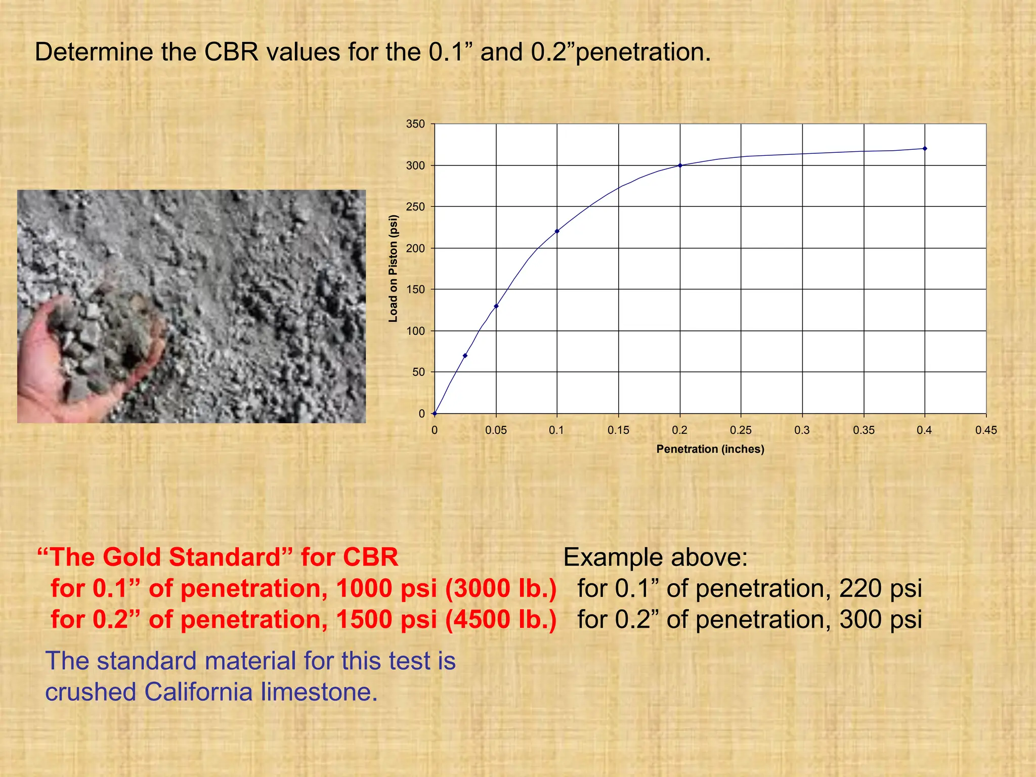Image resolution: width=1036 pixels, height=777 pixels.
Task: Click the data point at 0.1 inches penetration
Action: [557, 231]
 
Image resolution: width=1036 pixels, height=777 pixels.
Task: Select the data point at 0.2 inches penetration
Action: [680, 165]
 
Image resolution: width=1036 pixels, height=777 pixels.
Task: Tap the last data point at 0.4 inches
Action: [925, 149]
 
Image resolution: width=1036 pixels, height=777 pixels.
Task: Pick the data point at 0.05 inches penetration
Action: [496, 306]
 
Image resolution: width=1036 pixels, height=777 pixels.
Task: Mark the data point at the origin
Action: [435, 413]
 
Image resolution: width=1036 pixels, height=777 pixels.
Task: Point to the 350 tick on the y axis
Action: [416, 124]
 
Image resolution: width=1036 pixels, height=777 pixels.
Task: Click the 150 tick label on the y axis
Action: [416, 289]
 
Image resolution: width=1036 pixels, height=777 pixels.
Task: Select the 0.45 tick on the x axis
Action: [986, 430]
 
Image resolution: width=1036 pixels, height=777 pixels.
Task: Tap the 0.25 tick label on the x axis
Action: [741, 430]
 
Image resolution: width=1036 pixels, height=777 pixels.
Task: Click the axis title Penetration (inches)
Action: [710, 449]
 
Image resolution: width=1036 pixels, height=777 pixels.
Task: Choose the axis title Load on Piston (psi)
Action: [393, 269]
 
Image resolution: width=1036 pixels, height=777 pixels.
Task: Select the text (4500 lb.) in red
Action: [501, 620]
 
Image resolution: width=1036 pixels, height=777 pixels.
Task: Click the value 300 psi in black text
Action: [880, 620]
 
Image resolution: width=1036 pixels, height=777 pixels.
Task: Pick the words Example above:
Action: [655, 557]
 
